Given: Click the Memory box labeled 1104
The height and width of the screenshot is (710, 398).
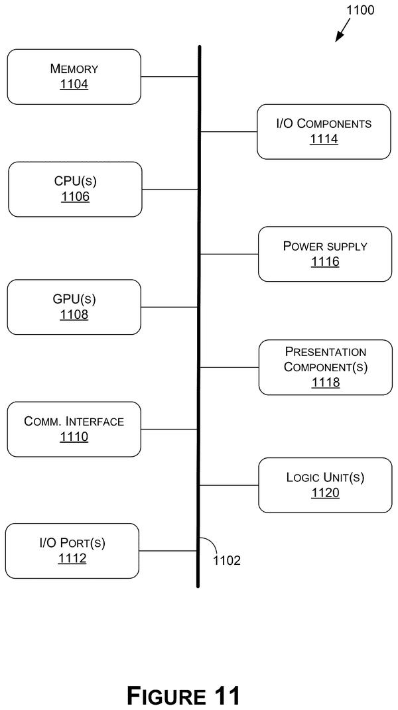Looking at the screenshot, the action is pyautogui.click(x=74, y=77).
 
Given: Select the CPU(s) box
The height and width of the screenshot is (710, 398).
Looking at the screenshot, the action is pyautogui.click(x=75, y=190).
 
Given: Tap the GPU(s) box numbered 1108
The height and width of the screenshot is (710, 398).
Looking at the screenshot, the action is pyautogui.click(x=74, y=307).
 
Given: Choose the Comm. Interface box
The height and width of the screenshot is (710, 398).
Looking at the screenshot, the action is pyautogui.click(x=74, y=430).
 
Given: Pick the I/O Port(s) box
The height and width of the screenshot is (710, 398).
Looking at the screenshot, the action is pyautogui.click(x=72, y=551).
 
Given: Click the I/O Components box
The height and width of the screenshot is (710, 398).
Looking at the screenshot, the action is pyautogui.click(x=324, y=132).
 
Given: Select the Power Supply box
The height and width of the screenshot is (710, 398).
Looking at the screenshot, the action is pyautogui.click(x=325, y=254).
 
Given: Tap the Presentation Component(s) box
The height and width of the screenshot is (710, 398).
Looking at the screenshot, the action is pyautogui.click(x=326, y=367).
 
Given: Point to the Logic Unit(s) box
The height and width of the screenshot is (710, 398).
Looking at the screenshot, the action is pyautogui.click(x=325, y=485).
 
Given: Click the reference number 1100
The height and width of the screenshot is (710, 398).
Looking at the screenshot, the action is pyautogui.click(x=360, y=10).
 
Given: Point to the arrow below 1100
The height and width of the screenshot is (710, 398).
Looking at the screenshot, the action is pyautogui.click(x=343, y=30).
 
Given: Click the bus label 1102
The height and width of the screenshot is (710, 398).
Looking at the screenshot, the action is pyautogui.click(x=227, y=561).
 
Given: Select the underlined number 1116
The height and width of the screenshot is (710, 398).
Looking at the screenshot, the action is pyautogui.click(x=325, y=262).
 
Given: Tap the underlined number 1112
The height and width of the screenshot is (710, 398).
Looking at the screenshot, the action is pyautogui.click(x=72, y=558).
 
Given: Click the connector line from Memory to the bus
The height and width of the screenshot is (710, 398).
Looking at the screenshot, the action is pyautogui.click(x=170, y=76).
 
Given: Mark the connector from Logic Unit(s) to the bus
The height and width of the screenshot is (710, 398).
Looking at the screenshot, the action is pyautogui.click(x=230, y=485).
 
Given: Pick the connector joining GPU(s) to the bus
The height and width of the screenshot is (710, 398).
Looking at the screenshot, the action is pyautogui.click(x=170, y=307).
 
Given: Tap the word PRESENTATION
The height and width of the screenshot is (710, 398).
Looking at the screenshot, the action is pyautogui.click(x=326, y=352).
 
